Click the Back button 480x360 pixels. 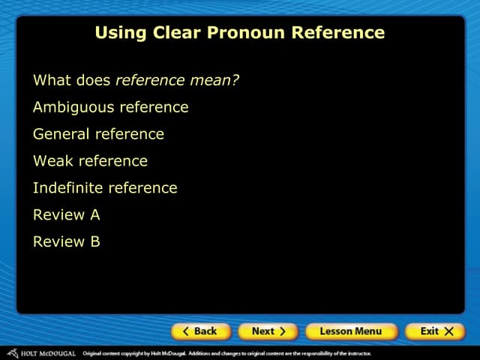click(x=199, y=331)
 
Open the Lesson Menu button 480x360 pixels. click(x=350, y=331)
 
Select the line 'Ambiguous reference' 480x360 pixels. click(x=110, y=107)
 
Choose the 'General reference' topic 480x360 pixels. click(x=98, y=134)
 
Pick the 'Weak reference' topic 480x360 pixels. click(x=90, y=161)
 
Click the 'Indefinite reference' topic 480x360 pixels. click(x=105, y=188)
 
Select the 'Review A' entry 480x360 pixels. click(x=66, y=215)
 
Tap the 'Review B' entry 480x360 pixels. click(x=66, y=242)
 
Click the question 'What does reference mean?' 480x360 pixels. click(x=136, y=80)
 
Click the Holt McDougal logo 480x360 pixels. click(x=40, y=353)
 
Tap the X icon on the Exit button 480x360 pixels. click(x=448, y=331)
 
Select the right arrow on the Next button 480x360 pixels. click(x=282, y=331)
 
